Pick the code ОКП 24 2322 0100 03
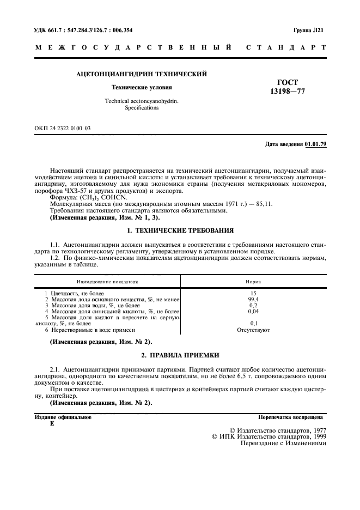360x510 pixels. pyautogui.click(x=63, y=128)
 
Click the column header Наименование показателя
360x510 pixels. pyautogui.click(x=107, y=282)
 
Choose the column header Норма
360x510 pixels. pyautogui.click(x=253, y=282)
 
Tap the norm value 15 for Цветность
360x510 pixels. pyautogui.click(x=253, y=294)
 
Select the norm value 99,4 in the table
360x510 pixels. pyautogui.click(x=253, y=300)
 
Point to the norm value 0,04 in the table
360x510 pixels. pyautogui.click(x=253, y=312)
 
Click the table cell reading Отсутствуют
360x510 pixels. pyautogui.click(x=253, y=330)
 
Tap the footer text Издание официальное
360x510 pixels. pyautogui.click(x=63, y=417)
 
